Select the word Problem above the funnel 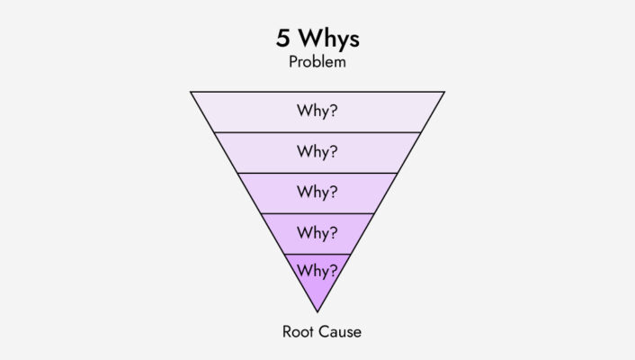[317, 63]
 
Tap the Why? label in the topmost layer [317, 112]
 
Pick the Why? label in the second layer [317, 152]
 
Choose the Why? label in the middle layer [317, 193]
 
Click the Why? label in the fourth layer [317, 233]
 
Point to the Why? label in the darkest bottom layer [317, 270]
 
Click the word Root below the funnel [298, 332]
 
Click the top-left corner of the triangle [192, 92]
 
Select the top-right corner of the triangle [443, 92]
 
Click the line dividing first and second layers [317, 132]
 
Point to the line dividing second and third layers [317, 173]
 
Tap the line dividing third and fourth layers [317, 213]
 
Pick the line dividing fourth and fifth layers [317, 254]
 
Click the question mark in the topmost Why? [334, 112]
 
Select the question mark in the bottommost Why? [334, 270]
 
